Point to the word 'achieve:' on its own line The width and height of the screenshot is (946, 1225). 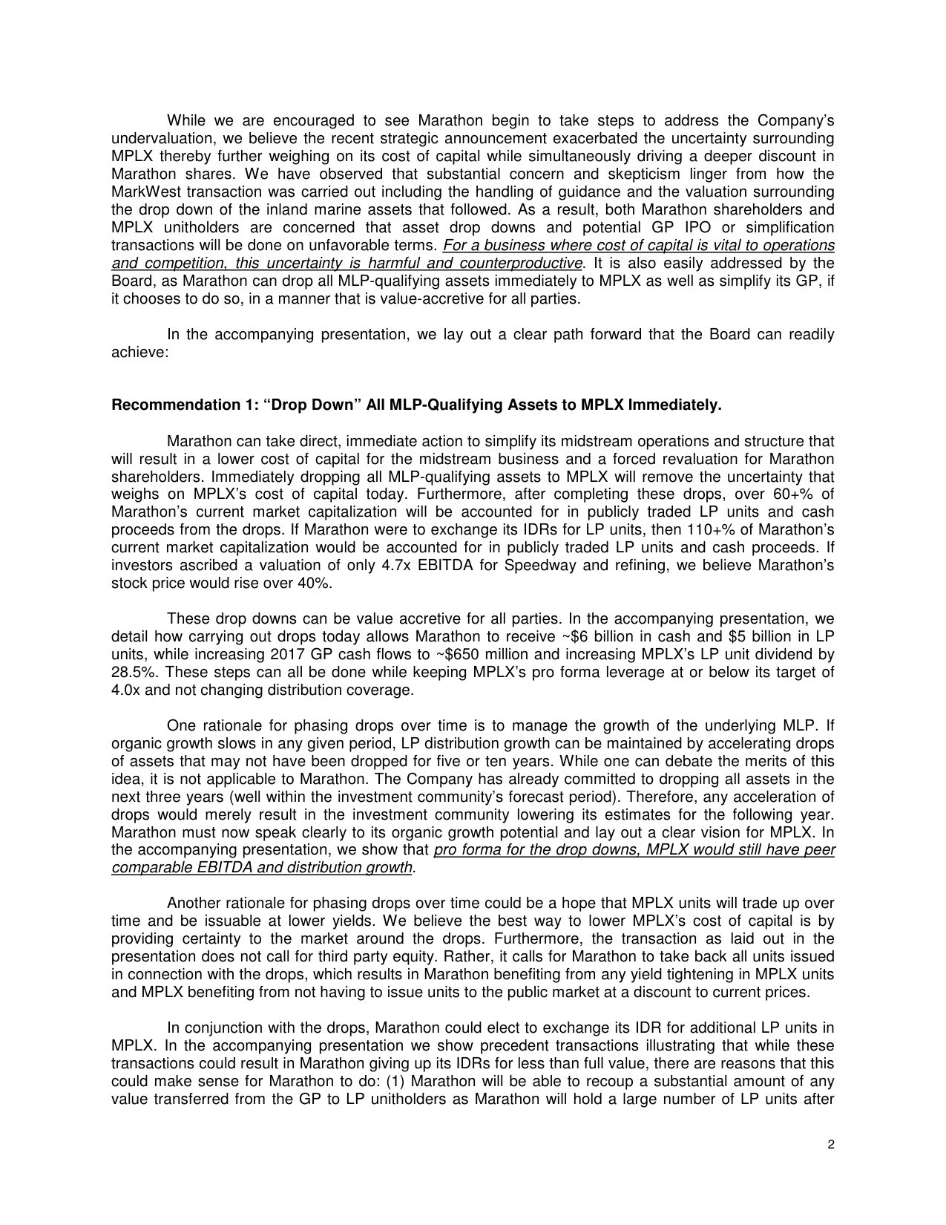[x=140, y=352]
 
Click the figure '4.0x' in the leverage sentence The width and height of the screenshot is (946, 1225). [x=125, y=690]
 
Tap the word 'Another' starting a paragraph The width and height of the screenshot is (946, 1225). [x=194, y=904]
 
